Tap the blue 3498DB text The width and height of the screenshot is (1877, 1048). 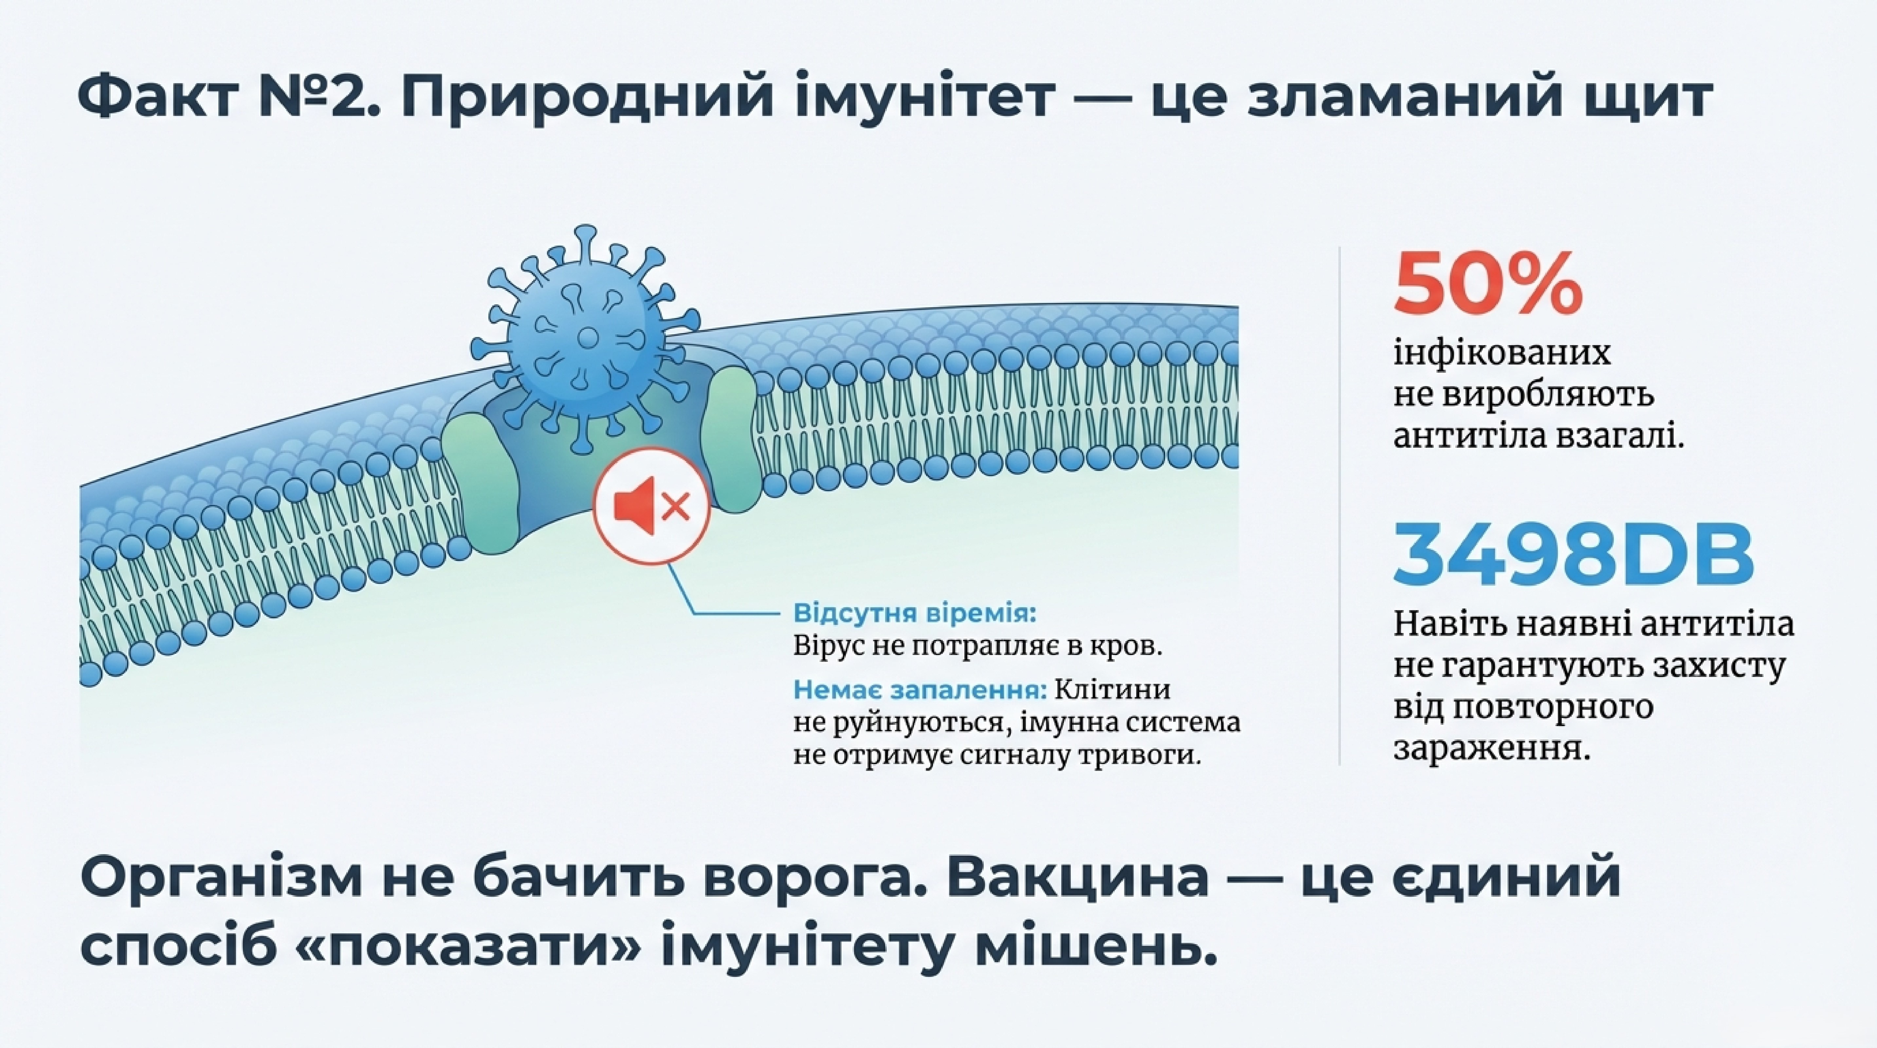pyautogui.click(x=1574, y=555)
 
